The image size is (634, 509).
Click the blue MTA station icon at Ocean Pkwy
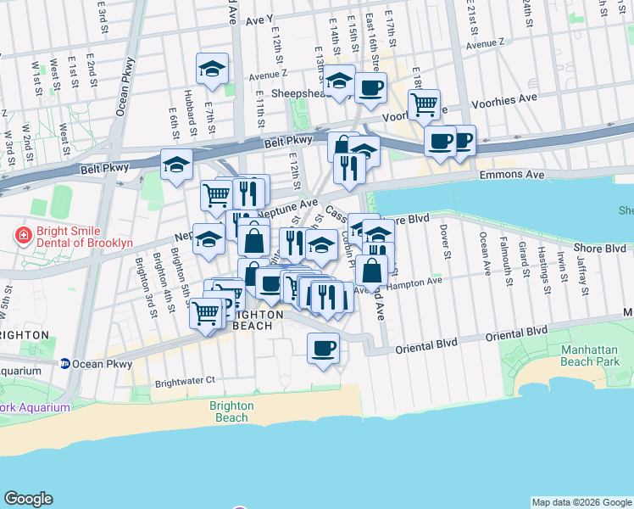click(64, 364)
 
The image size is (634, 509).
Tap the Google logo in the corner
click(28, 499)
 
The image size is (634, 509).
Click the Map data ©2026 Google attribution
click(581, 502)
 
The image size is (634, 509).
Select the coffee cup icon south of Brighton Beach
click(322, 349)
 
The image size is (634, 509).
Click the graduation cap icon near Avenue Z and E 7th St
click(212, 70)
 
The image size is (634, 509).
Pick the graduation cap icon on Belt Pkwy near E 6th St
click(176, 165)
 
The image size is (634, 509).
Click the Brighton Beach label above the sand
click(231, 411)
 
